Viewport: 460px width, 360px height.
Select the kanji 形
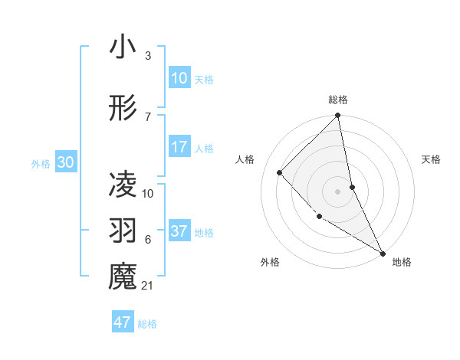pyautogui.click(x=123, y=108)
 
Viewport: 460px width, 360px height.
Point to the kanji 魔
pyautogui.click(x=123, y=277)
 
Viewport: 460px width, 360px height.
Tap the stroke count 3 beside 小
pyautogui.click(x=148, y=56)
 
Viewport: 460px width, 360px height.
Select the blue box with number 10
pyautogui.click(x=179, y=78)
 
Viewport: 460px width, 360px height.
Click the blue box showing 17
pyautogui.click(x=179, y=147)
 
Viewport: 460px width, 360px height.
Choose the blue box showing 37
pyautogui.click(x=179, y=231)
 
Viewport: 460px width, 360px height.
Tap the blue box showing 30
pyautogui.click(x=65, y=162)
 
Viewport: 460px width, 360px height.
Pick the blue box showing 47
pyautogui.click(x=123, y=322)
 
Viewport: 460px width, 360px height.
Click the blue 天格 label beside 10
pyautogui.click(x=204, y=79)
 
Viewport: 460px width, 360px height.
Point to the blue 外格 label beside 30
pyautogui.click(x=41, y=163)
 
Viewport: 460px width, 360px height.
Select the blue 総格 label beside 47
pyautogui.click(x=147, y=323)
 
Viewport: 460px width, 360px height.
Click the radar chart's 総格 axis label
pyautogui.click(x=338, y=100)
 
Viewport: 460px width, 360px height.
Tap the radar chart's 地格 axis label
pyautogui.click(x=402, y=262)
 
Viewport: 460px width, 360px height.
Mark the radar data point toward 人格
pyautogui.click(x=280, y=172)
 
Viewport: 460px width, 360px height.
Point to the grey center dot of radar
pyautogui.click(x=337, y=191)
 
